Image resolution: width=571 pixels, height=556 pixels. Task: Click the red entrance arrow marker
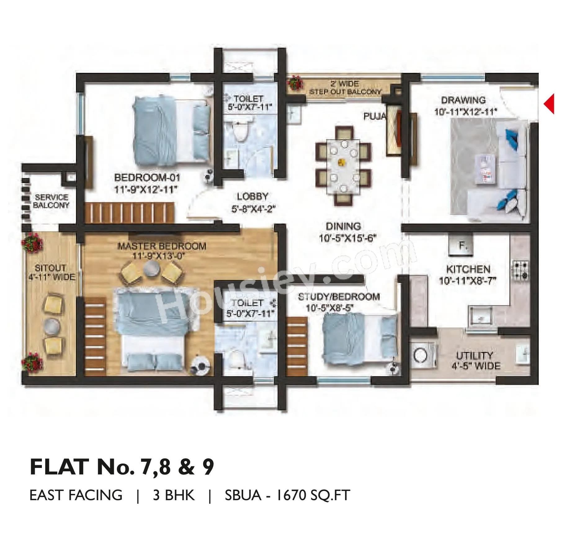click(549, 104)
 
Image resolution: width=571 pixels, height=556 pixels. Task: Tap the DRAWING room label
click(463, 100)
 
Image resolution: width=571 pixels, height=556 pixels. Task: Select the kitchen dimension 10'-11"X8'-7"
click(467, 281)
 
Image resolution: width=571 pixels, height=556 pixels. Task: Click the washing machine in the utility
click(423, 355)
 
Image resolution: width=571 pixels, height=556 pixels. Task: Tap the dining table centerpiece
click(342, 162)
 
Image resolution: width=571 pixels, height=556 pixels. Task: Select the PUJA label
click(375, 116)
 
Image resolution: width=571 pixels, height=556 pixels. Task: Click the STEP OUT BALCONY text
click(345, 92)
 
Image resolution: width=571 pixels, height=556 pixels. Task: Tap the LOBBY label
click(252, 196)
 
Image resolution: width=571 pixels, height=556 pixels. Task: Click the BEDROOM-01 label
click(147, 178)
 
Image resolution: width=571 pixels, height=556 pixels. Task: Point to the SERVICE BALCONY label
click(51, 201)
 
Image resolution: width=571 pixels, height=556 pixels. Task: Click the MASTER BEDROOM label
click(162, 246)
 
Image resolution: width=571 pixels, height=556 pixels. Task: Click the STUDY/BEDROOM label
click(339, 297)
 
